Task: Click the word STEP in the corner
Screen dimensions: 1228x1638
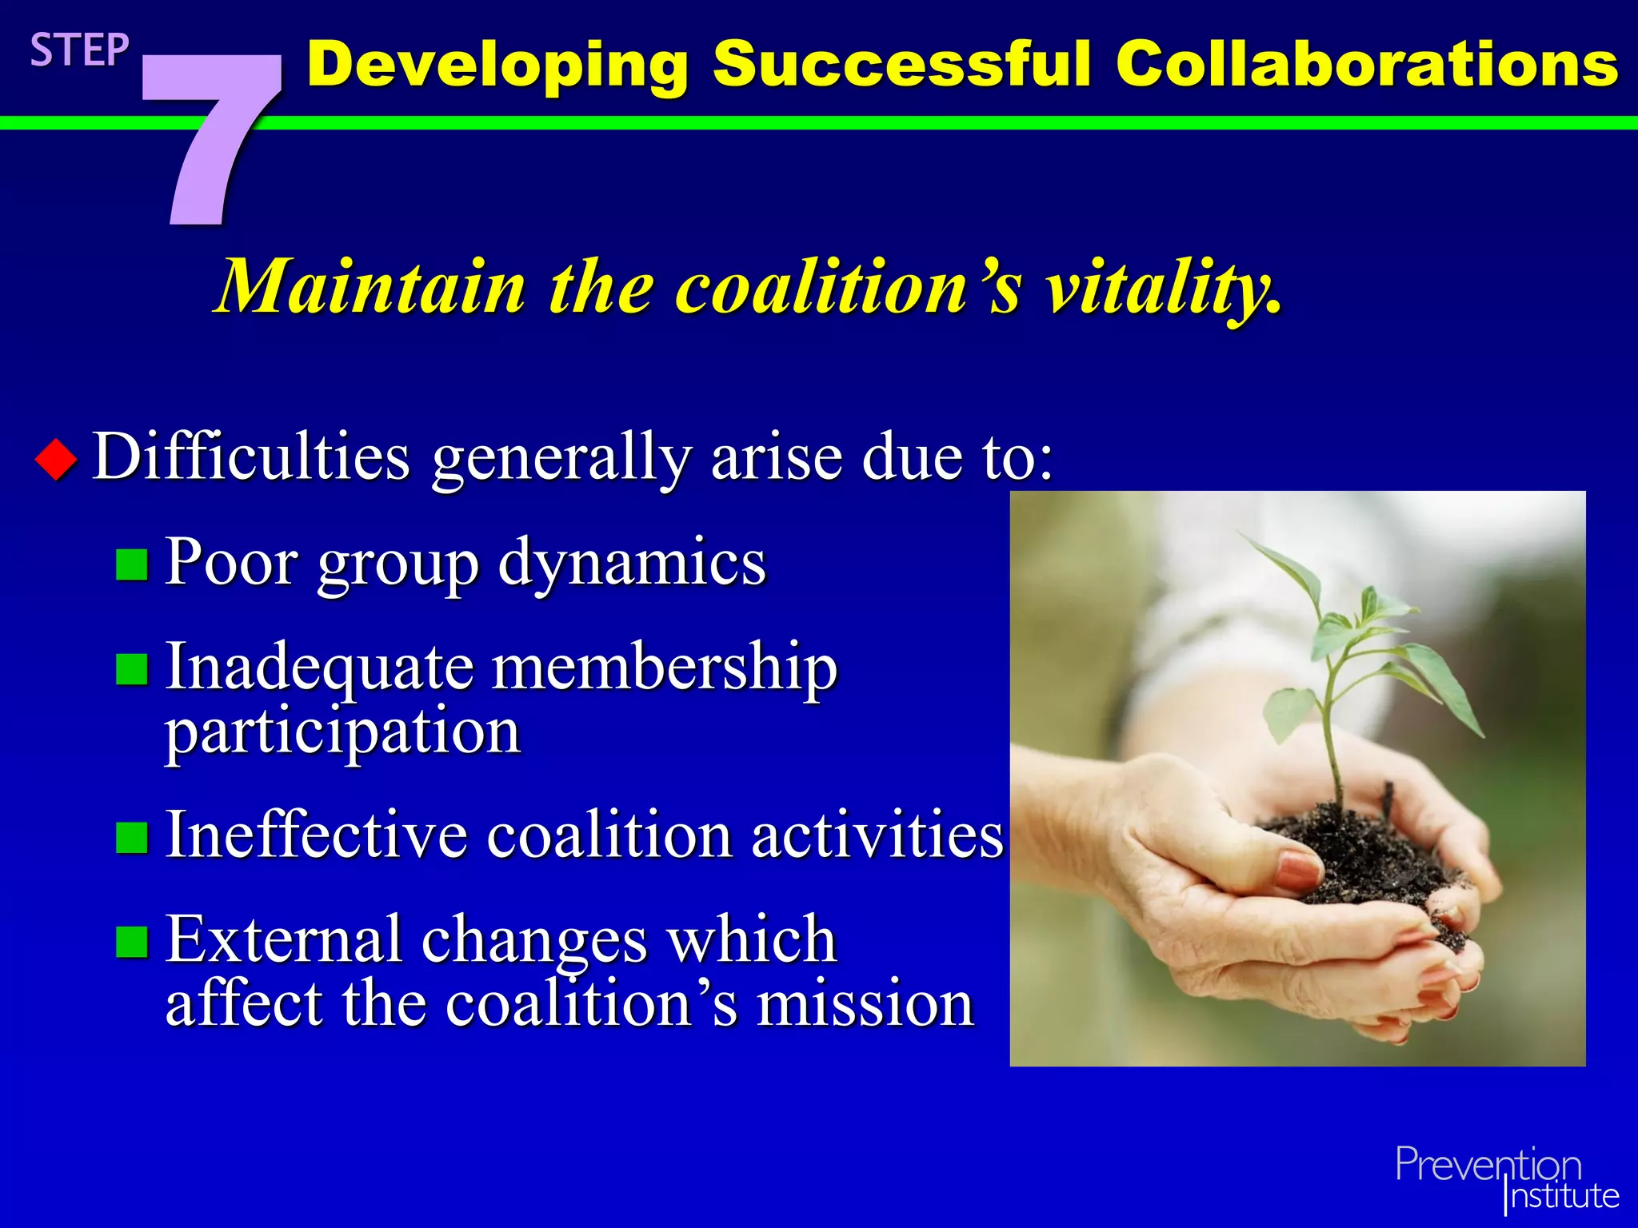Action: [79, 50]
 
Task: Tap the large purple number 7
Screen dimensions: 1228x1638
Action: [210, 136]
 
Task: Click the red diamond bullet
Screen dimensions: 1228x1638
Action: [56, 460]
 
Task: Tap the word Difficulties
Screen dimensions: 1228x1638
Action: [251, 457]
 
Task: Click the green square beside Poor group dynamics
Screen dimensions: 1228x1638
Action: [132, 564]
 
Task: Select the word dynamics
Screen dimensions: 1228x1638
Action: [632, 564]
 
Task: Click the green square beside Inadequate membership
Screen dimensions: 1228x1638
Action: [132, 670]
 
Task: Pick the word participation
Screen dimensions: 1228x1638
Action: [342, 732]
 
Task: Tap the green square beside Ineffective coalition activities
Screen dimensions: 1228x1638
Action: [132, 838]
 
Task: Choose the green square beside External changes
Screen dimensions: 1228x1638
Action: [132, 942]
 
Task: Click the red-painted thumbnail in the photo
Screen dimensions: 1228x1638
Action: [1300, 869]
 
